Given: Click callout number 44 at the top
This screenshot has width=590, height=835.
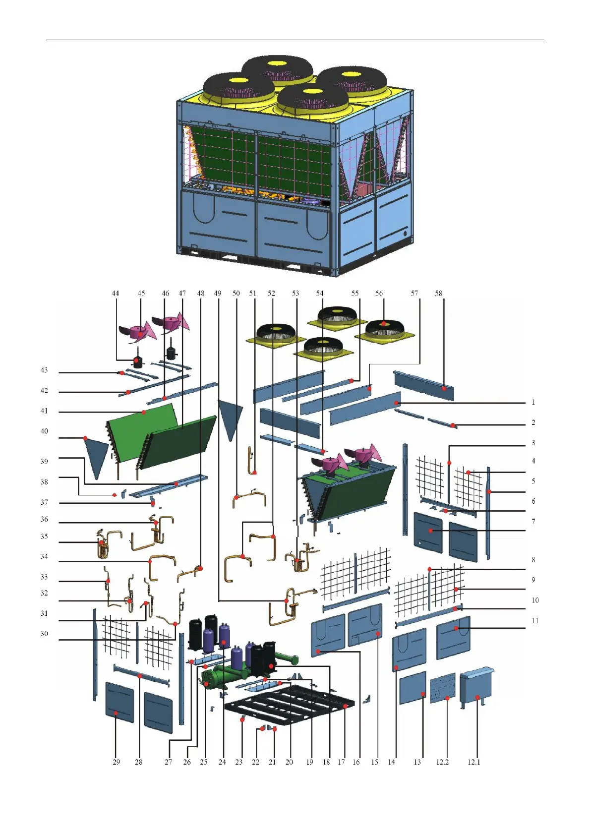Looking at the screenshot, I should point(116,294).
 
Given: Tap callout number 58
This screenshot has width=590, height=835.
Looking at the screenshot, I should point(438,294).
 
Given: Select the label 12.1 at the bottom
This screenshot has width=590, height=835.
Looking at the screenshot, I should point(473,762).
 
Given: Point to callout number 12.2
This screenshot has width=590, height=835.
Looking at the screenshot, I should point(442,762).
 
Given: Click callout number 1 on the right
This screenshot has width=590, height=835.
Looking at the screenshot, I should point(533,402).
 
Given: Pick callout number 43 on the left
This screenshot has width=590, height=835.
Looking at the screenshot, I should point(44,370).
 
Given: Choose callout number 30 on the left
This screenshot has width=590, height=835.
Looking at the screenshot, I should point(44,634).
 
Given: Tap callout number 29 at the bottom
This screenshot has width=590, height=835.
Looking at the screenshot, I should point(116,762).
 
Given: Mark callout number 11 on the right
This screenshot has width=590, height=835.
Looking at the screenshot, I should point(535,621).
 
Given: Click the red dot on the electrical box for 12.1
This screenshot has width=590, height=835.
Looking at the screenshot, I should point(477,698).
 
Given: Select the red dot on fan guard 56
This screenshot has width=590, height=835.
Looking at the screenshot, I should point(383,324).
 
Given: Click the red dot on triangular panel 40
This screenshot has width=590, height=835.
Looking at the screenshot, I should point(85,438).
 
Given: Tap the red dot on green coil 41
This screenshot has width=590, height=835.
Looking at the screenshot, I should point(144,412).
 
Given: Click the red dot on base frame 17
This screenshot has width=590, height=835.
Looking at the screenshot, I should point(346,706).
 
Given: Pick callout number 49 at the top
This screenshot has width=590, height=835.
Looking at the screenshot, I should point(218,294).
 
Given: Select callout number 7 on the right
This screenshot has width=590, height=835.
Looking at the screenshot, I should point(533,522).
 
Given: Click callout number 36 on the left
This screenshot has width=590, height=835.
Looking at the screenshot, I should point(44,519).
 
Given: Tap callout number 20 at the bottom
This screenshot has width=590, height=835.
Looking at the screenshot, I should point(290,762).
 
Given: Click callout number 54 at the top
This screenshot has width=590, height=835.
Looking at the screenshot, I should point(320,294).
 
